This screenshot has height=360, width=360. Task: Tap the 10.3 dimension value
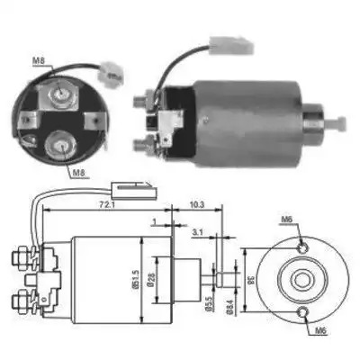pyautogui.click(x=197, y=205)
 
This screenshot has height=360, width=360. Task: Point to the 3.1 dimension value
pyautogui.click(x=198, y=232)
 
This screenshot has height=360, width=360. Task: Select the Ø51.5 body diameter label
pyautogui.click(x=136, y=279)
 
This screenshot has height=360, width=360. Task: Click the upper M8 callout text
pyautogui.click(x=39, y=61)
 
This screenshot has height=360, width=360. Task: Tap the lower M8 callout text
pyautogui.click(x=78, y=173)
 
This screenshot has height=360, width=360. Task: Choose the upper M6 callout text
pyautogui.click(x=286, y=220)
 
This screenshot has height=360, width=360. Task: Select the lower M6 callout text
pyautogui.click(x=320, y=331)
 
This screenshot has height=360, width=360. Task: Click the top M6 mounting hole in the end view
pyautogui.click(x=302, y=248)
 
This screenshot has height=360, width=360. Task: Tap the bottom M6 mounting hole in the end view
pyautogui.click(x=302, y=312)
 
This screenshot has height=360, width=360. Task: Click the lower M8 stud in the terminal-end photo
pyautogui.click(x=61, y=145)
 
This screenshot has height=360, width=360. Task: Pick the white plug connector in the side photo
pyautogui.click(x=231, y=45)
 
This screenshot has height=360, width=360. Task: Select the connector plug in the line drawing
pyautogui.click(x=134, y=191)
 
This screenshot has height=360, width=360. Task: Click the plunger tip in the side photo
pyautogui.click(x=337, y=122)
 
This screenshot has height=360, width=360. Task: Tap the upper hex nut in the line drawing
pyautogui.click(x=19, y=256)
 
